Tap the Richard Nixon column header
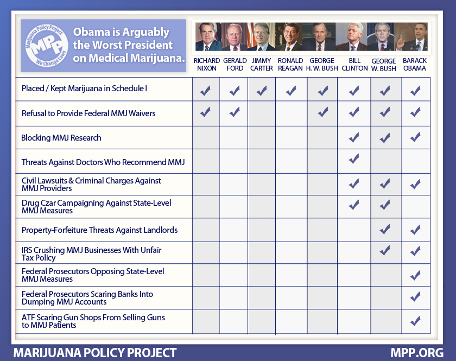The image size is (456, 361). pos(206,65)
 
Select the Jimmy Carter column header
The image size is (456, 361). pos(262,65)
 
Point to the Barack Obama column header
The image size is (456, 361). pos(415,65)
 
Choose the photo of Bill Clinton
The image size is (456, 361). pos(353,37)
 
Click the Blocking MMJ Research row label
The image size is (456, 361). pos(61,138)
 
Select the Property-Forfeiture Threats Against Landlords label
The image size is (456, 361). pos(99,230)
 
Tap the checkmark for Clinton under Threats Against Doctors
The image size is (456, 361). pos(354,160)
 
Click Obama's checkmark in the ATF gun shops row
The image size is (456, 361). pos(415,321)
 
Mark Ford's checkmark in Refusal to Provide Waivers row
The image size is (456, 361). pos(235,113)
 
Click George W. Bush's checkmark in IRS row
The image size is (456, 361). pos(385,251)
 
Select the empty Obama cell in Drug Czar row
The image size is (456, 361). pos(415,207)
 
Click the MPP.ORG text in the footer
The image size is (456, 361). pos(417,353)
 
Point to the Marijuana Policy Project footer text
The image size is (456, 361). pos(95,353)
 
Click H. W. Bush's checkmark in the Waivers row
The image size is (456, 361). pos(322,113)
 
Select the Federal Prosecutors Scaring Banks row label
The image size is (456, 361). pos(87,298)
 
